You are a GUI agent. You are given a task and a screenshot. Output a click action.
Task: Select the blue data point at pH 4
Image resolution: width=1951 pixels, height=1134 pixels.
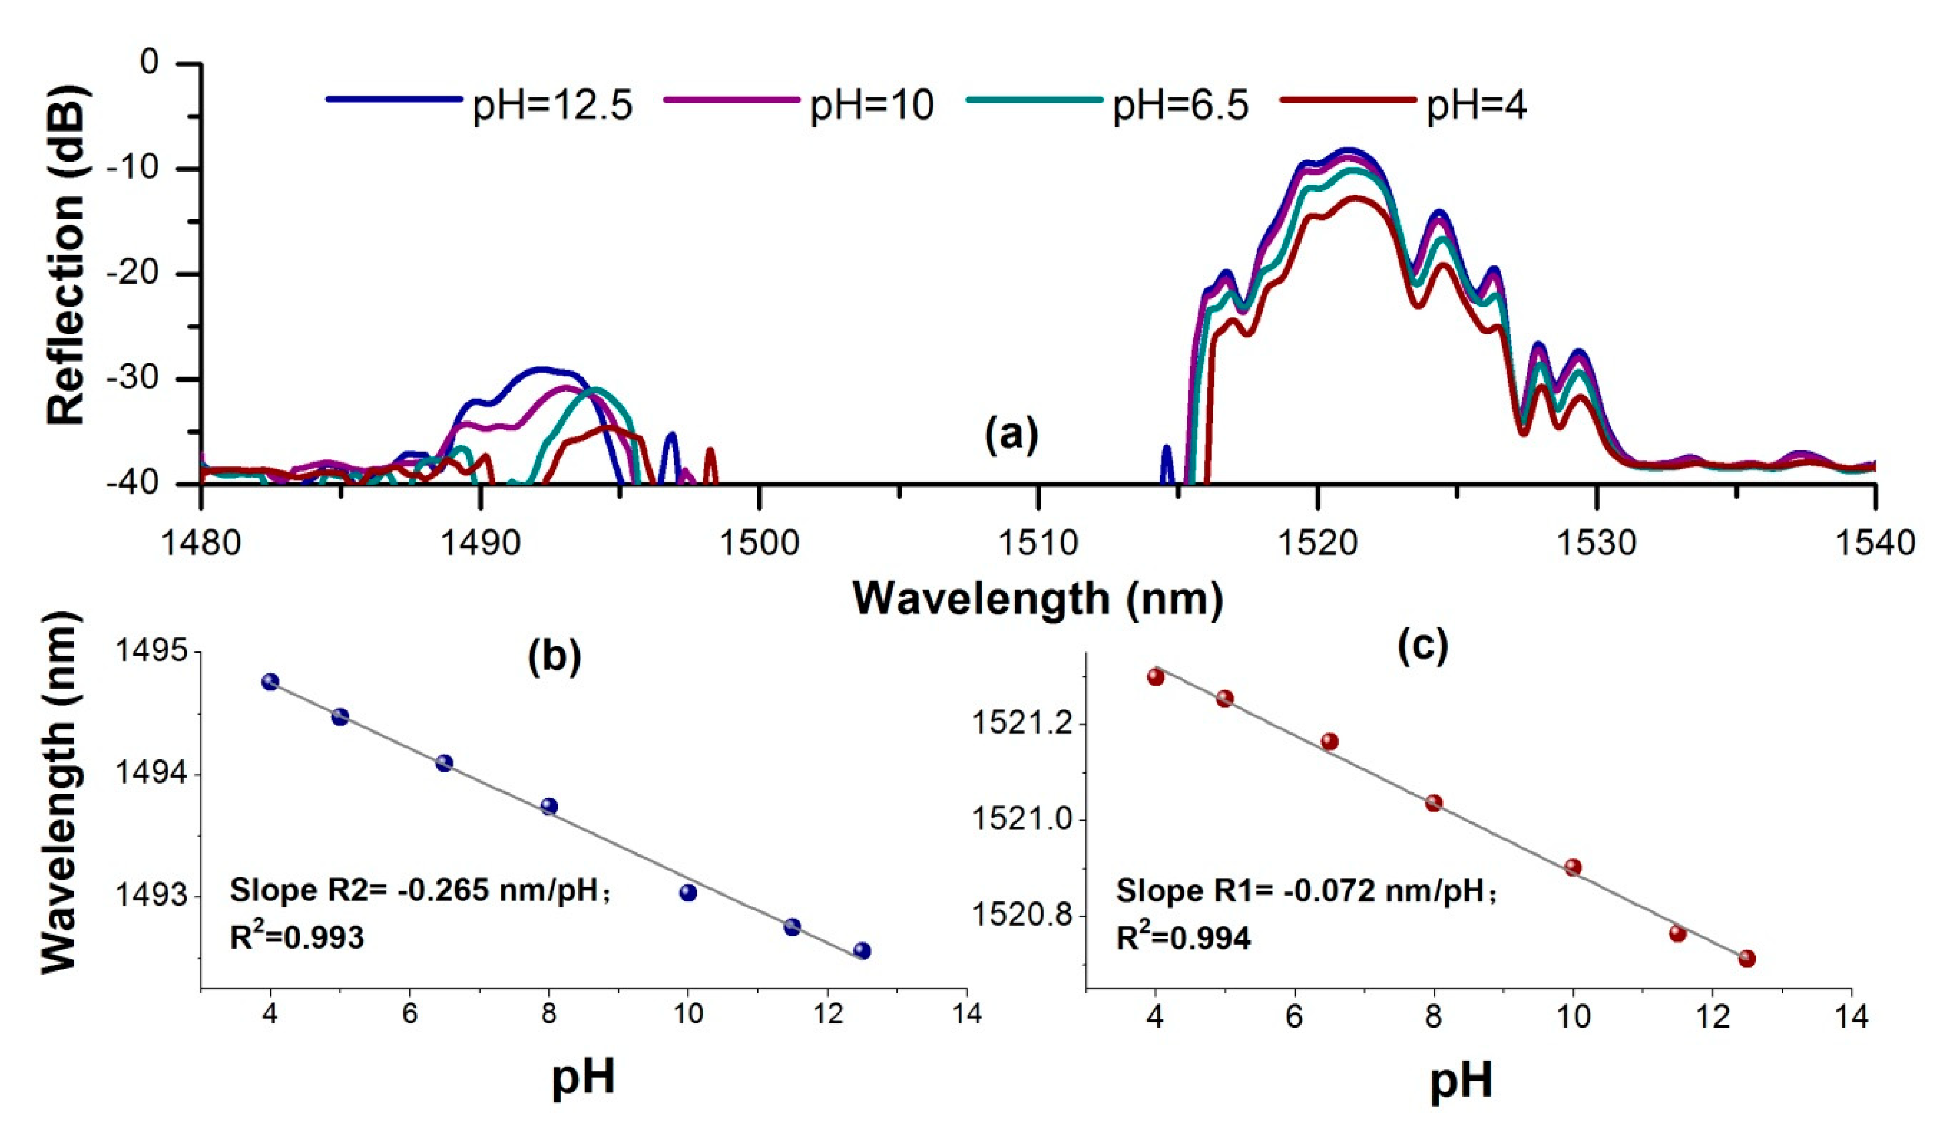click(x=270, y=681)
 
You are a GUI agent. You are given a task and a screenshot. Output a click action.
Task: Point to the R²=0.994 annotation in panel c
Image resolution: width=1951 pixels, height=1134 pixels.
click(x=1183, y=939)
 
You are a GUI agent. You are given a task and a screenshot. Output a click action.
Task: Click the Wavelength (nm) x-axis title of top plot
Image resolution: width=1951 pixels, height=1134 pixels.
click(x=1038, y=599)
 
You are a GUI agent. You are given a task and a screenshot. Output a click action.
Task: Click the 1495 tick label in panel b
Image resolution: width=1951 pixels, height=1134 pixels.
click(x=152, y=652)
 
